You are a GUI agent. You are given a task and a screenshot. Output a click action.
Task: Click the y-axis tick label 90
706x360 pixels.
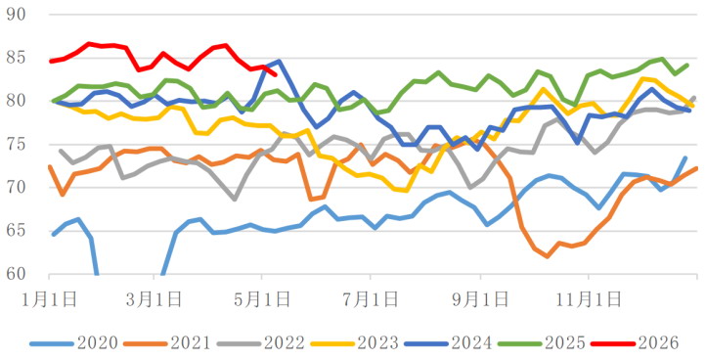coord(16,15)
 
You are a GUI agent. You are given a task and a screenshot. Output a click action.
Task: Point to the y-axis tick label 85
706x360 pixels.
coord(16,58)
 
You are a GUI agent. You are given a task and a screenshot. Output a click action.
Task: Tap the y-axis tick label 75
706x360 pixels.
coord(16,144)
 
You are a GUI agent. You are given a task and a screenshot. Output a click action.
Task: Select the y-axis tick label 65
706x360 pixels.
coord(16,231)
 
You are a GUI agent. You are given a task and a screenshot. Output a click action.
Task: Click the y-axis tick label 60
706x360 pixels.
coord(16,274)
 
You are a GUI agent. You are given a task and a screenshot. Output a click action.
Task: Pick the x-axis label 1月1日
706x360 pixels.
coord(50,299)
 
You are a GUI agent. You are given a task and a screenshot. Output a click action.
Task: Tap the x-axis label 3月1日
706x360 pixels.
coord(154,299)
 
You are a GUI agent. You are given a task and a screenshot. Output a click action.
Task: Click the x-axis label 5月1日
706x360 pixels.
coord(262,299)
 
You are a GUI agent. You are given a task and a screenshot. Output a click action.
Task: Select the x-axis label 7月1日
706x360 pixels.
coord(371,299)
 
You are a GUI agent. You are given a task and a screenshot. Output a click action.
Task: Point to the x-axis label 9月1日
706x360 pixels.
coord(481,299)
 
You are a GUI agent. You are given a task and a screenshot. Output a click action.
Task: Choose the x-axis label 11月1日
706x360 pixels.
coord(588,299)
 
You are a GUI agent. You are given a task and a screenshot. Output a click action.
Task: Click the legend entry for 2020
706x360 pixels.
coord(74,343)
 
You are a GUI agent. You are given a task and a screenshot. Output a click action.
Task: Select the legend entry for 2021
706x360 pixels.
coord(167,343)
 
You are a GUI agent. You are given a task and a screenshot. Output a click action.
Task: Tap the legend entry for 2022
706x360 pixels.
coord(261,343)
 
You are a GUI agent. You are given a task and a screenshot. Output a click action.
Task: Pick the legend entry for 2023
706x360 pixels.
coord(354,343)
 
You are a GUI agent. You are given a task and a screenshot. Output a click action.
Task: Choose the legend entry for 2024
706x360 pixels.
coord(448,343)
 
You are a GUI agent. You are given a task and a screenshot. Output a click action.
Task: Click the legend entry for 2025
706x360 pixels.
coord(542,343)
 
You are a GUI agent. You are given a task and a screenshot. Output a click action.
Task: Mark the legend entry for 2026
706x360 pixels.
coord(635,343)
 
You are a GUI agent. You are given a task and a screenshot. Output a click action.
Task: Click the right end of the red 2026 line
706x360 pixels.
coord(276,74)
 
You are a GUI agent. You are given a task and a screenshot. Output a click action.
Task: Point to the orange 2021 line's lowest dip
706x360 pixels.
coord(547,256)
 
